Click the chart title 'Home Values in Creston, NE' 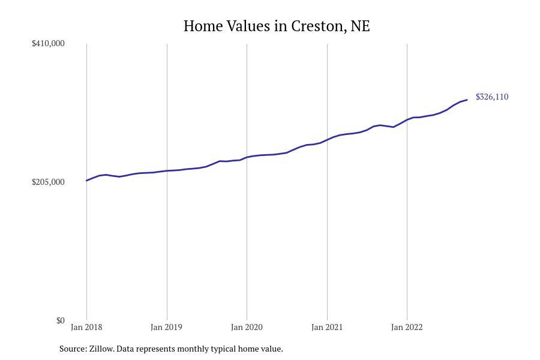(277, 26)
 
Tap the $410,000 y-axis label (48, 43)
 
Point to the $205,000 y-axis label (48, 182)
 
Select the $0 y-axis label (60, 320)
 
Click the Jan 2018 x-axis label (86, 327)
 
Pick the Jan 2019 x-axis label (167, 327)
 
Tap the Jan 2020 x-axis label (247, 327)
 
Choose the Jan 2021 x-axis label (327, 327)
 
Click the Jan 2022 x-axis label (407, 327)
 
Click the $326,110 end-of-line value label (492, 97)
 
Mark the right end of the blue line (467, 100)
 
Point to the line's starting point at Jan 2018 (86, 181)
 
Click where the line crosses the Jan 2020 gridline (247, 157)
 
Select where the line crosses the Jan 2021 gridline (327, 140)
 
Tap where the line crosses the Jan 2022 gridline (407, 120)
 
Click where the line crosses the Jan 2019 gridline (167, 171)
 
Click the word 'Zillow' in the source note (101, 349)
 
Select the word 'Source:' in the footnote (73, 349)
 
